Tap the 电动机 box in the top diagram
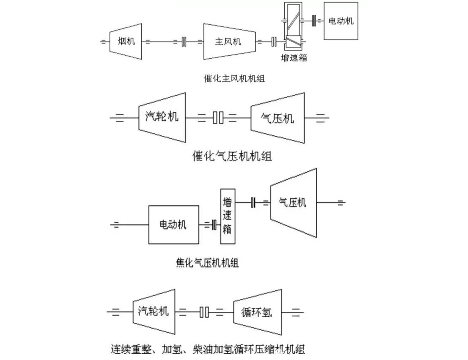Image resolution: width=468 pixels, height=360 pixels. tap(341, 21)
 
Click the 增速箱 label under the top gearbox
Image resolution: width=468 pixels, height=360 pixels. tap(294, 58)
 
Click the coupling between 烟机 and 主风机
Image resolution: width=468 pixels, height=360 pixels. tap(184, 42)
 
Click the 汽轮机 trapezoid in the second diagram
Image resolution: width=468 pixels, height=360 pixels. tap(162, 117)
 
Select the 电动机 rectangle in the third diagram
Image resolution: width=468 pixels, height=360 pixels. tap(174, 225)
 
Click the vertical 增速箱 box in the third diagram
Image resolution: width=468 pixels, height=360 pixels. tap(228, 216)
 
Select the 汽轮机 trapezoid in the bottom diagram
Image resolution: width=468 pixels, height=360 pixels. tap(153, 311)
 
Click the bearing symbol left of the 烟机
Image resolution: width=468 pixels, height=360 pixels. tap(104, 41)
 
